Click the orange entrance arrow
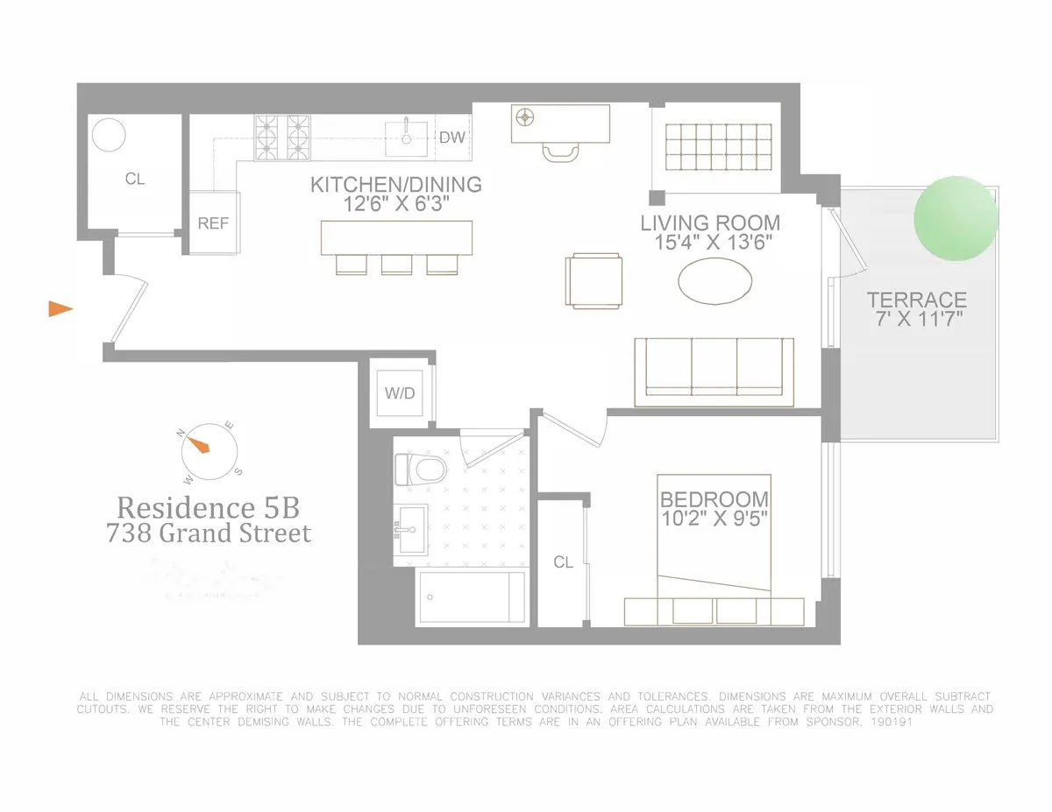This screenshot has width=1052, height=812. pos(60,307)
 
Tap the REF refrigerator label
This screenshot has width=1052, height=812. pos(213,223)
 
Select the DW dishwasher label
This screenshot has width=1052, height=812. pos(451,138)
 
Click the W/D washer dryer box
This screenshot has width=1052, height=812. pos(399,393)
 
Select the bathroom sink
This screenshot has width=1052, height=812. pos(409,529)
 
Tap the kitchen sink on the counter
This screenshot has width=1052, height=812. pos(407,134)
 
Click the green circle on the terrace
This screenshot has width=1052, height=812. pos(956,218)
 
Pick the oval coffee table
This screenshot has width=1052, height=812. pos(715,281)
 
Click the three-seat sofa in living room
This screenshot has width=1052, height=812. pos(714,371)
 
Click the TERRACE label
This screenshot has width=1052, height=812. pos(916,300)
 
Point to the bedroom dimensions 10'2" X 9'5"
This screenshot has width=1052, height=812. pos(714,519)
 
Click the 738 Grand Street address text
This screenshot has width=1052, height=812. pos(209,533)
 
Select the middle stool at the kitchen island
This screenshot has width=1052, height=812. pos(394,264)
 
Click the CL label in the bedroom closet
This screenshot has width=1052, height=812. pos(563,562)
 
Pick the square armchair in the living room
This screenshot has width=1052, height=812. pos(596,280)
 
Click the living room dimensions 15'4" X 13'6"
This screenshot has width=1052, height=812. pos(709,243)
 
